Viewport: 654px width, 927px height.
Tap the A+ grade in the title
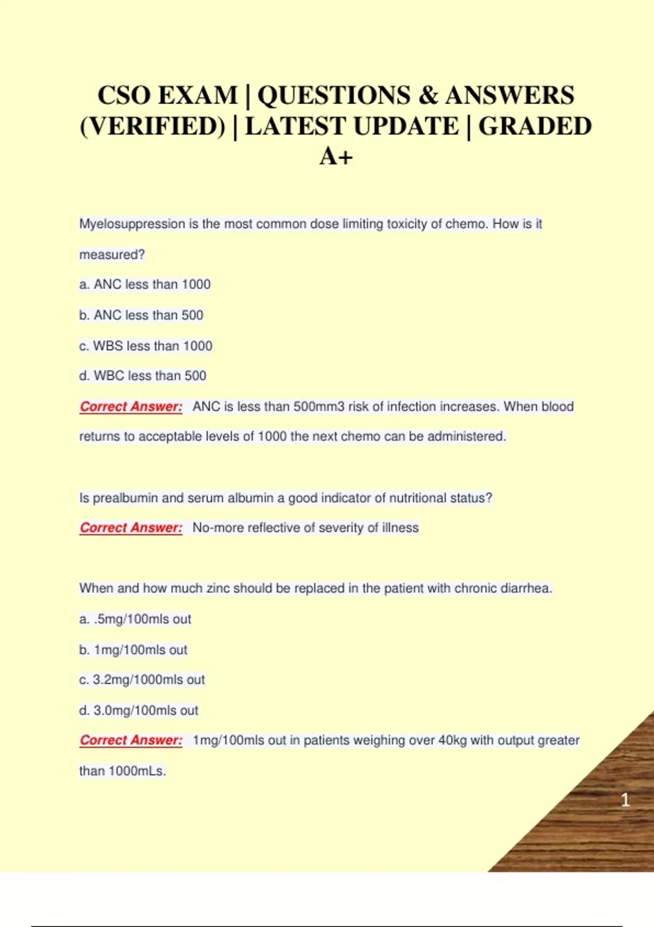(336, 157)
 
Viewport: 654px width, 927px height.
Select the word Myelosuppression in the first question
(132, 224)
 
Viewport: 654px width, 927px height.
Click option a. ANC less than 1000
(145, 285)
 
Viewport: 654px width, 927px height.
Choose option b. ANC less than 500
(141, 315)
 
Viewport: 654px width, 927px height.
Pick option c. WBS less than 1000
(146, 346)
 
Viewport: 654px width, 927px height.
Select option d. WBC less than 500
(143, 376)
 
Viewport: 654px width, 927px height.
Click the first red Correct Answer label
(131, 407)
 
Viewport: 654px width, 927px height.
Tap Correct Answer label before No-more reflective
(131, 528)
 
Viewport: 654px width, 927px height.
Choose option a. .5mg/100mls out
(135, 619)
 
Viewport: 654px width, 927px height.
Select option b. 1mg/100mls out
(133, 650)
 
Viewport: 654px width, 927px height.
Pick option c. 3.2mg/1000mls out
(142, 680)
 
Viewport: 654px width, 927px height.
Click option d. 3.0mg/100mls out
(138, 711)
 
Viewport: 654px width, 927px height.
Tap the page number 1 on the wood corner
(625, 800)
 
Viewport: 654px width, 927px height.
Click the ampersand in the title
(429, 96)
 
